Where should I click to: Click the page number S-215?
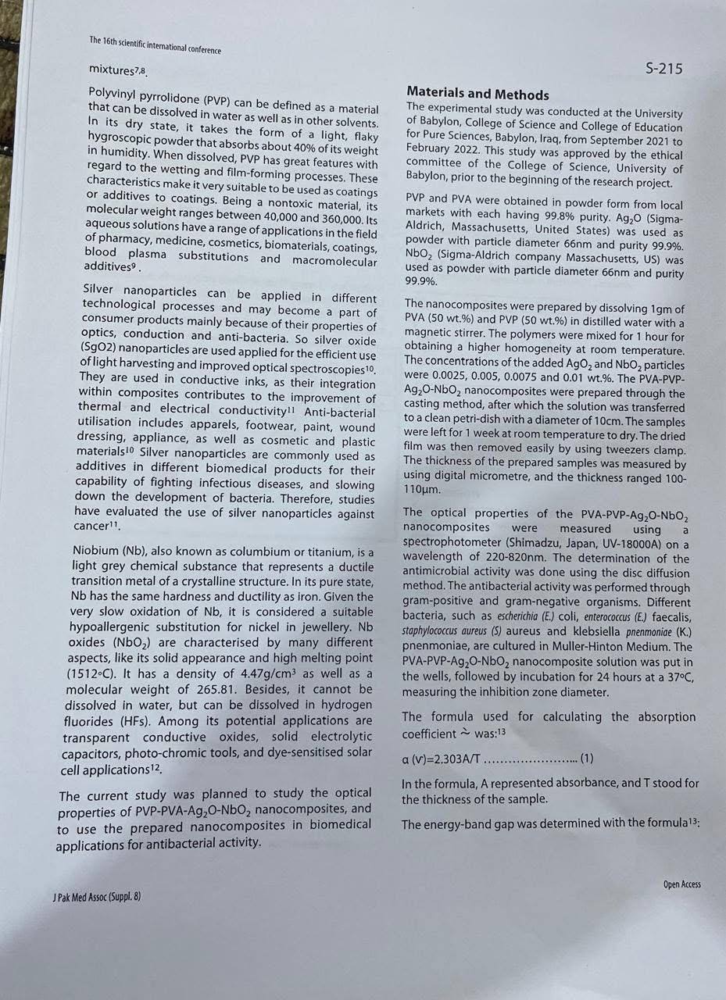point(663,69)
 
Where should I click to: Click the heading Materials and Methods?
point(477,95)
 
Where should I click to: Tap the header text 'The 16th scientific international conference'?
point(155,45)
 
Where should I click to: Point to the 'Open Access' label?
point(681,884)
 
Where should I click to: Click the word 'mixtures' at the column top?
point(111,69)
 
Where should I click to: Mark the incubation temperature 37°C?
point(674,677)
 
